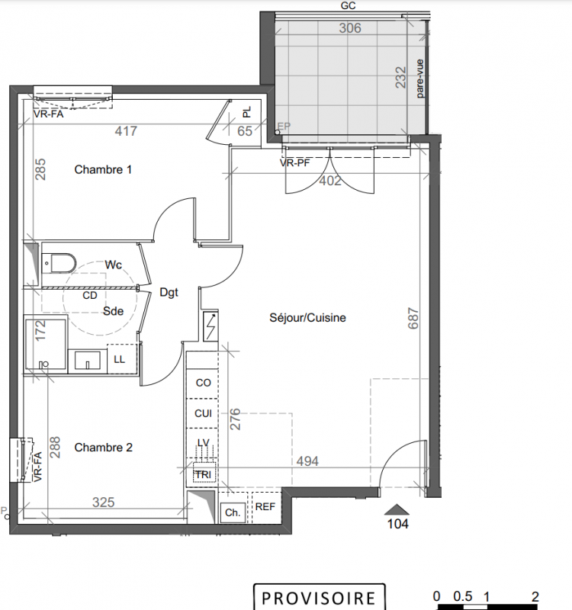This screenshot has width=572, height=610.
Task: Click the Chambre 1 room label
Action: coord(103,169)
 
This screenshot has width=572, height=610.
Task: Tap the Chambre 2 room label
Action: coord(104,448)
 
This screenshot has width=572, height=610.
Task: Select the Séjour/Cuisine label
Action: coord(308,318)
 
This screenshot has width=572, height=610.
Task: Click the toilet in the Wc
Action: coord(58,263)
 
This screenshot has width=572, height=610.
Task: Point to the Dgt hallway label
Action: coord(169,293)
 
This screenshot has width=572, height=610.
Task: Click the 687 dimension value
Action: coord(413,318)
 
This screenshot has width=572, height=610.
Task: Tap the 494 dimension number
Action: coord(307,461)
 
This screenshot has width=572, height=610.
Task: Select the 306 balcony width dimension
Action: coord(350,28)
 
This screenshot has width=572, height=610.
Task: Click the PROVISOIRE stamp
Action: coord(319,598)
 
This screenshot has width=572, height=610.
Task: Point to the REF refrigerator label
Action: coord(265,506)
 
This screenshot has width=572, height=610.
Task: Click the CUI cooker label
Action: coord(203,413)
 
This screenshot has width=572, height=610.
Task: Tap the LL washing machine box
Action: coord(121,359)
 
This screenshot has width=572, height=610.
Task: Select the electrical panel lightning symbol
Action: coord(210,326)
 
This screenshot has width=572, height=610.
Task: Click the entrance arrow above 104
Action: coord(397,509)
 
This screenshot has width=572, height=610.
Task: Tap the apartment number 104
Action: coord(397,524)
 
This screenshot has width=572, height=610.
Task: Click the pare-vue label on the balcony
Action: coord(420,79)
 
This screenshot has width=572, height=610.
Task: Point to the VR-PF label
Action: coord(295,163)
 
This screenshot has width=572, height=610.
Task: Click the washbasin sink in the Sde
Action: coord(87,361)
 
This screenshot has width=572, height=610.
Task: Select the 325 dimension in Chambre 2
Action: coord(104,502)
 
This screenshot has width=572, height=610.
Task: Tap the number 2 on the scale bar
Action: coord(535,596)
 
